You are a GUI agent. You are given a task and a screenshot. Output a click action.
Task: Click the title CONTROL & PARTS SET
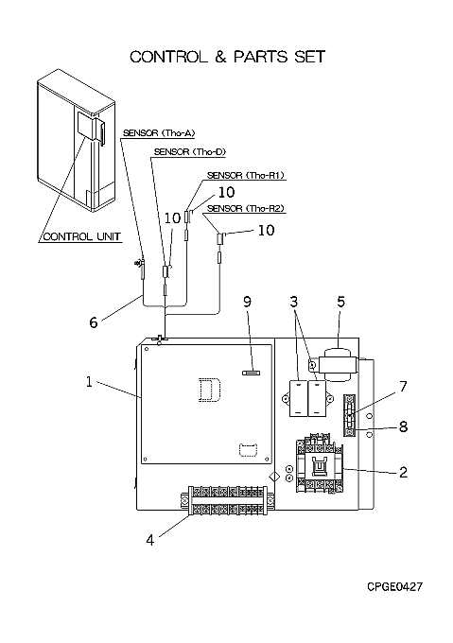tap(228, 57)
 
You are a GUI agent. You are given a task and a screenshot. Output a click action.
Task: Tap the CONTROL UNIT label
tap(81, 236)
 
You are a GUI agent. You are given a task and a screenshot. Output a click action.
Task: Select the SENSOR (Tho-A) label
tap(159, 133)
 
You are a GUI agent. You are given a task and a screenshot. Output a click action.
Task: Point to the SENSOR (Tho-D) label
tap(190, 151)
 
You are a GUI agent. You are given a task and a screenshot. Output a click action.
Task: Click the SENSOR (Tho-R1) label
tap(246, 175)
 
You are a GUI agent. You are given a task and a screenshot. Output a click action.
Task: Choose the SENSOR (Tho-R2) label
tap(246, 208)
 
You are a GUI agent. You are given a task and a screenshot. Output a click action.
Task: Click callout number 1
tap(89, 382)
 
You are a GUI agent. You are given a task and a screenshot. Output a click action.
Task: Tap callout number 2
tap(404, 472)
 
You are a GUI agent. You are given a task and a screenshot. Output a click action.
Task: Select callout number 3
tap(293, 302)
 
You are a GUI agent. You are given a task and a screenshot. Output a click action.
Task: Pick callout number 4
tap(150, 540)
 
